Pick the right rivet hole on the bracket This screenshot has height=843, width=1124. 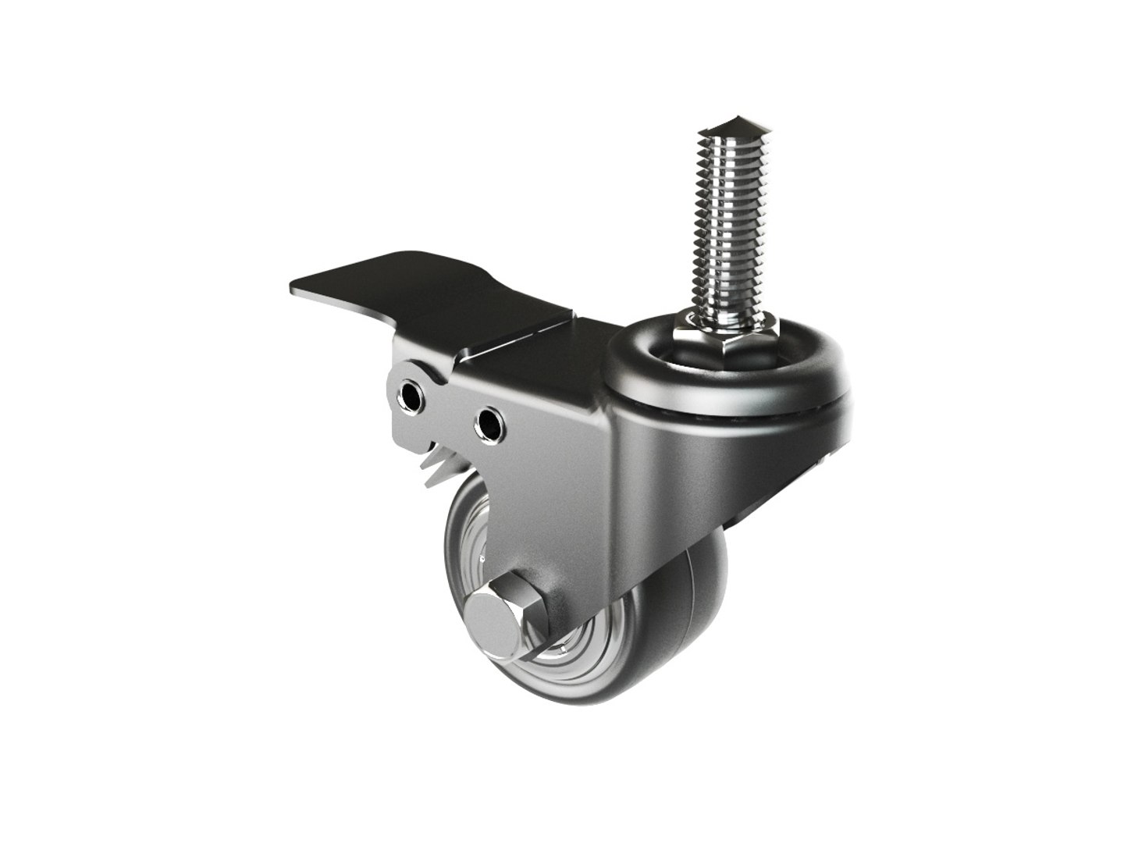489,425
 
